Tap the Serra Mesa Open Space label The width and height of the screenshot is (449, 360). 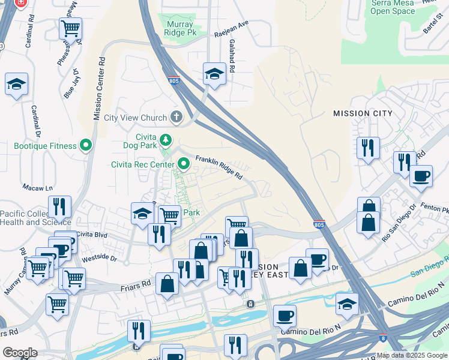393,7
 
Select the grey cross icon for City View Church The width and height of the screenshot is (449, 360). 176,116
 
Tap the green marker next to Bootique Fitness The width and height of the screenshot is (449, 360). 86,145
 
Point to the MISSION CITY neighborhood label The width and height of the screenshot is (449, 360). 363,113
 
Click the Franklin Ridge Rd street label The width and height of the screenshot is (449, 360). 218,168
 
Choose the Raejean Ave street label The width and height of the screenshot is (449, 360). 232,29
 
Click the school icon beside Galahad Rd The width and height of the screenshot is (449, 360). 214,74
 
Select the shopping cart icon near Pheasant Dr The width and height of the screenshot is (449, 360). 71,28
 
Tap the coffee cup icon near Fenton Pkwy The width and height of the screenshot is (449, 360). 421,176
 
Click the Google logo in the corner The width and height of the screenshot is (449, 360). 19,353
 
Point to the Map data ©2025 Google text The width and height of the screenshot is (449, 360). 412,355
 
